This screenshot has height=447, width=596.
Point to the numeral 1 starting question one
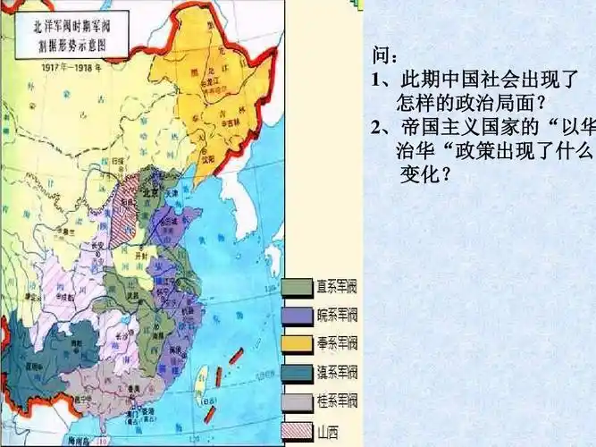point(376,80)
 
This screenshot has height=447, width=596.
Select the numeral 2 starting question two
point(376,125)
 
